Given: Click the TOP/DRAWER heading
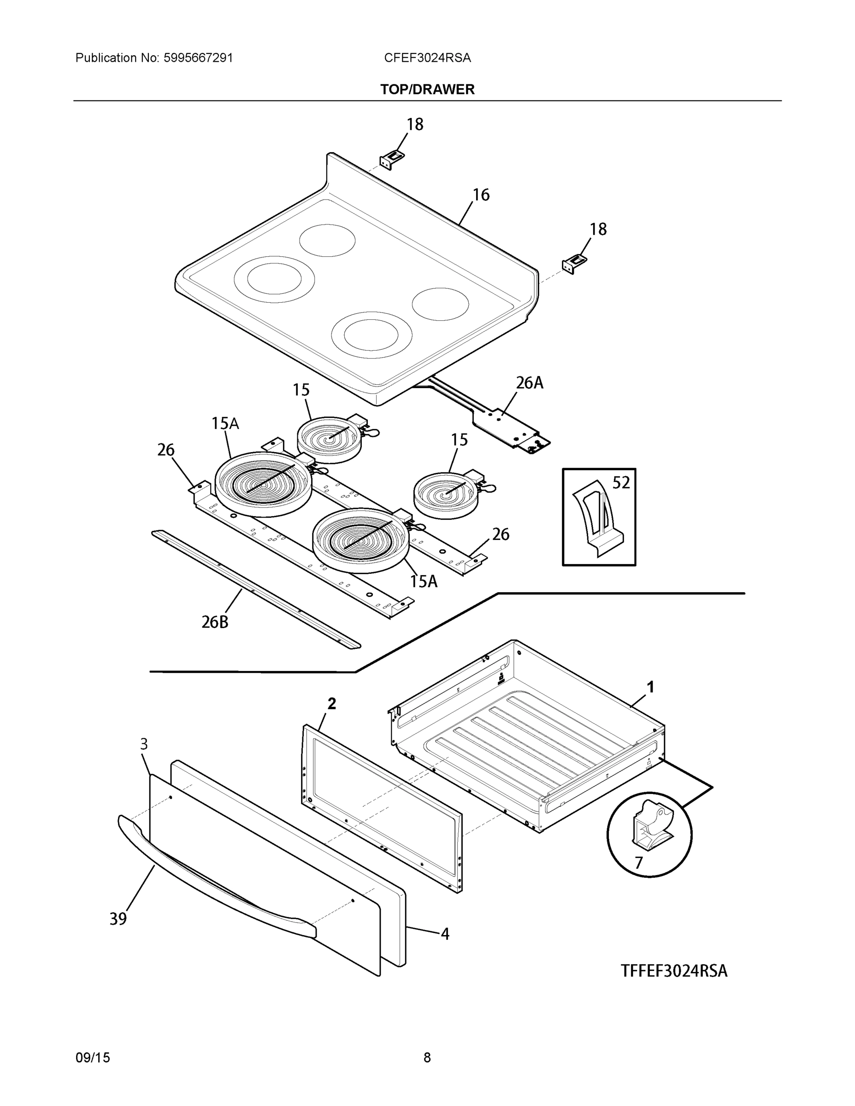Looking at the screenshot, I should (427, 90).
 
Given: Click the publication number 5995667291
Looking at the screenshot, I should (198, 58).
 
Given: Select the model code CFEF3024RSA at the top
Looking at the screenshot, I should (427, 58).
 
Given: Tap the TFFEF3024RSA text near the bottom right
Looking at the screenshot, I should (674, 971).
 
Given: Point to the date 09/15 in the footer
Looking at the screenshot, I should (92, 1058).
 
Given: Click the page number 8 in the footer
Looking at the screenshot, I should (427, 1058).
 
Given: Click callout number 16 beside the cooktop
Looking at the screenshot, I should (481, 195).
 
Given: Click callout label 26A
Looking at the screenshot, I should (529, 383).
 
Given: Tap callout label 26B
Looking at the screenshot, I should (215, 622).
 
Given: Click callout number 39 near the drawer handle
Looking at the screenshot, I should (118, 918).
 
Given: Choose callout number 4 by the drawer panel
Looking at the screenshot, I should (445, 934).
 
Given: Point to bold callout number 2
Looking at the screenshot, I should (331, 703).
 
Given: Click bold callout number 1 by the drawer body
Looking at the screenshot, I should (650, 687).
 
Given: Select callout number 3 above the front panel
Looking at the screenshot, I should (144, 744).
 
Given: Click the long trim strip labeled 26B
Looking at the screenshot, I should (256, 589).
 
